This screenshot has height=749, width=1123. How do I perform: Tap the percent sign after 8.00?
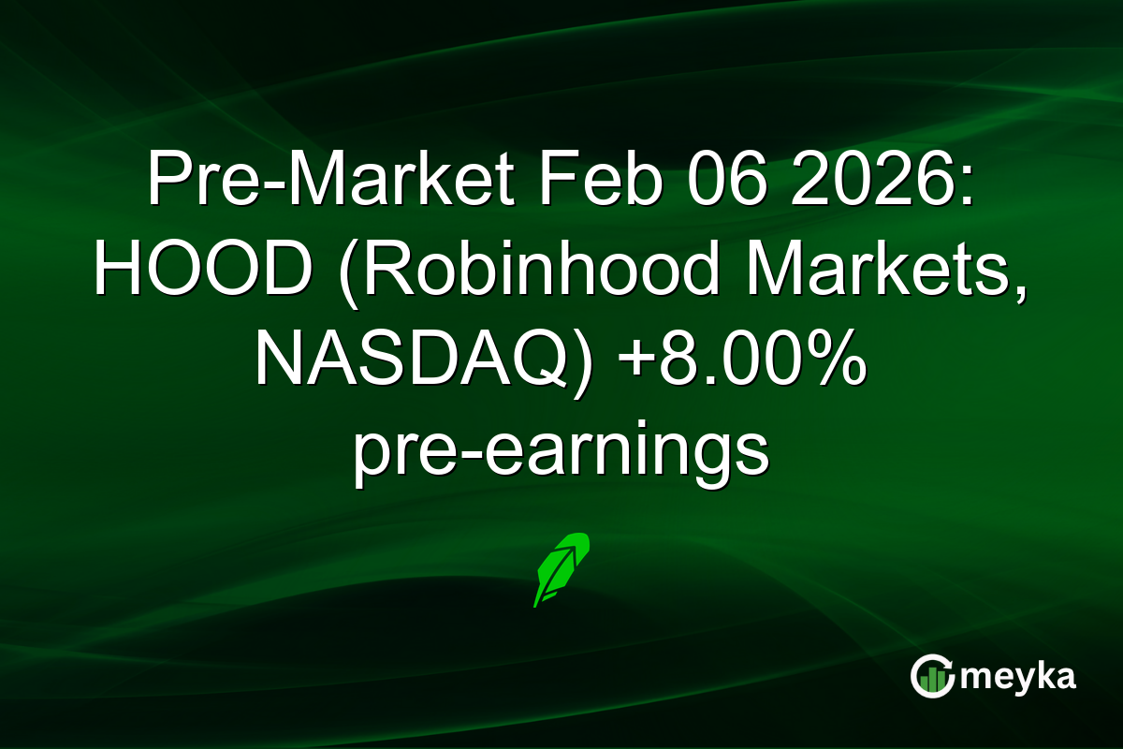point(837,364)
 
